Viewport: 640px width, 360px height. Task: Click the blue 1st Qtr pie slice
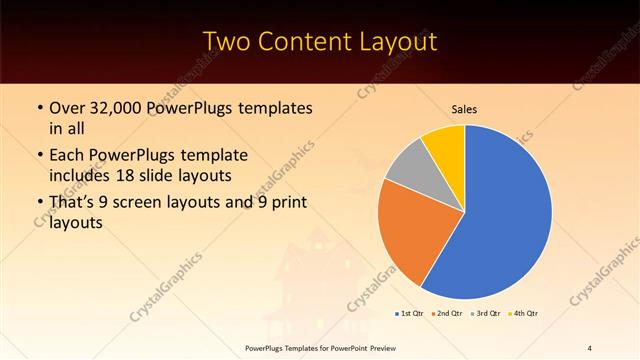tap(500, 215)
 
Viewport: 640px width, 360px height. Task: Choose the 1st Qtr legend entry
tap(410, 314)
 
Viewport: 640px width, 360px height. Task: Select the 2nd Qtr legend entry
tap(449, 314)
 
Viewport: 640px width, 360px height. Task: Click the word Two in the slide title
tap(229, 41)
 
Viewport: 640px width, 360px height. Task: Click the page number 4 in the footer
tap(589, 348)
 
